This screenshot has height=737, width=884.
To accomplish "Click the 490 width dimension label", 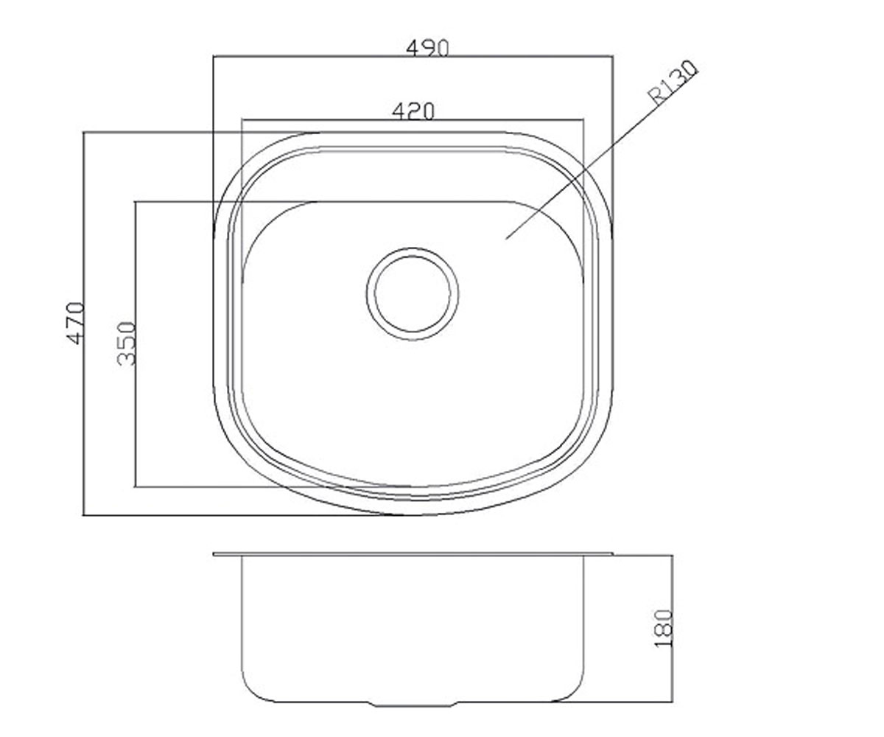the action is pyautogui.click(x=427, y=48).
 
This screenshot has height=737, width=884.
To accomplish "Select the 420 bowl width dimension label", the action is pyautogui.click(x=413, y=111).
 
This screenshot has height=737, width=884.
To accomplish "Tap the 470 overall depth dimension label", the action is pyautogui.click(x=77, y=323).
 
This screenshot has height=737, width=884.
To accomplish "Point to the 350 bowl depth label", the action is pyautogui.click(x=126, y=343).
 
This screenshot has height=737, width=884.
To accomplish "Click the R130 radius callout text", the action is pyautogui.click(x=673, y=83).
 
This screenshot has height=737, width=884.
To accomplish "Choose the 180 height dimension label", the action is pyautogui.click(x=664, y=629).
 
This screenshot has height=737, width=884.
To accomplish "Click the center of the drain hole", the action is pyautogui.click(x=413, y=293).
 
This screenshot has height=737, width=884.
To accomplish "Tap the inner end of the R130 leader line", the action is pyautogui.click(x=506, y=239).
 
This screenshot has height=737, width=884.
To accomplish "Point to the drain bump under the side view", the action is pyautogui.click(x=413, y=705).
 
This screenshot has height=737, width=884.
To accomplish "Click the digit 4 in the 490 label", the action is pyautogui.click(x=413, y=49).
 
